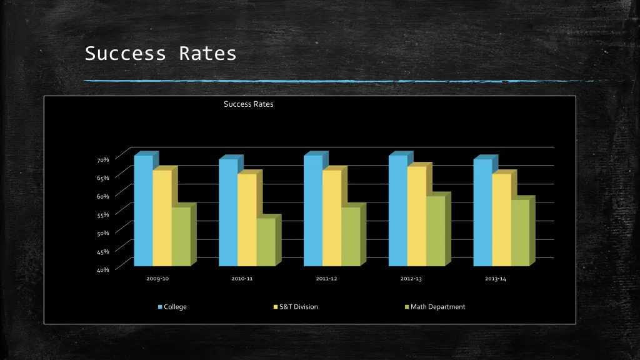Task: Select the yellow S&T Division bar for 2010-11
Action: click(x=247, y=219)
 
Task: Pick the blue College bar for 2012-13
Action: click(x=397, y=211)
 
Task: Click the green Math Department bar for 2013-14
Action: click(x=520, y=232)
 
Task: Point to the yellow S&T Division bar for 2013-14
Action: click(x=501, y=219)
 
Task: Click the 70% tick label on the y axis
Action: click(x=102, y=160)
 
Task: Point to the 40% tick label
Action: click(x=102, y=270)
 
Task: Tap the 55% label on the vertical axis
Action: click(x=102, y=215)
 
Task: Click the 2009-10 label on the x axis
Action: click(x=157, y=279)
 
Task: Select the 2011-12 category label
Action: click(x=326, y=279)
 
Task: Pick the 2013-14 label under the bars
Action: click(x=496, y=279)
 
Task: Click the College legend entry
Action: click(x=174, y=307)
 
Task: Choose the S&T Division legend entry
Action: click(x=298, y=307)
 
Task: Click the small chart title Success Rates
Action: click(x=248, y=104)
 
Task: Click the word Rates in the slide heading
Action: click(x=207, y=54)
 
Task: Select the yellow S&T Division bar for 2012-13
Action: click(x=416, y=216)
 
